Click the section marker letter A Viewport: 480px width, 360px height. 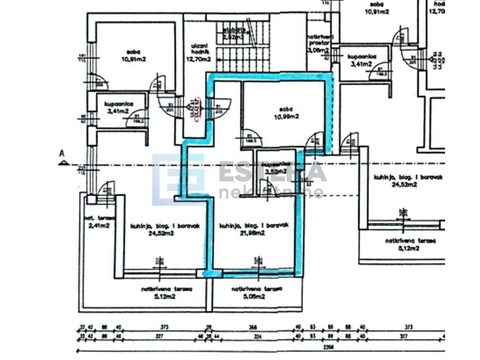click(62, 154)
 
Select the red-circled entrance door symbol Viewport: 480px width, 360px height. click(195, 107)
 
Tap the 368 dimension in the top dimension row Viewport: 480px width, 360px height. click(252, 327)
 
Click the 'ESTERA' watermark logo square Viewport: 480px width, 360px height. click(178, 179)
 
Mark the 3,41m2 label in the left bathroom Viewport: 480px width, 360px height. click(118, 111)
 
